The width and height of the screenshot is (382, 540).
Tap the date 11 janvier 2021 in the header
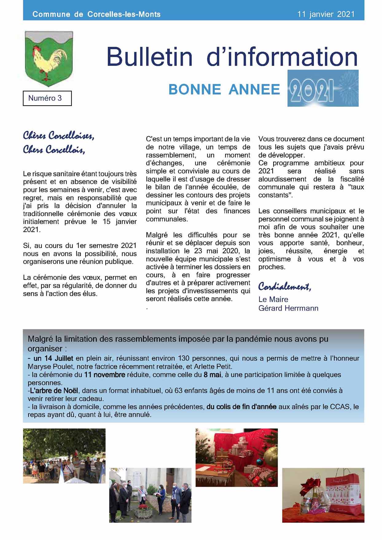tap(326, 14)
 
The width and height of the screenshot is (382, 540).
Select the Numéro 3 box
tap(47, 98)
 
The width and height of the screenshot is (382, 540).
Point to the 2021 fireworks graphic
tap(323, 88)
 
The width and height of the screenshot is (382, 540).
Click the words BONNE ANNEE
tap(224, 89)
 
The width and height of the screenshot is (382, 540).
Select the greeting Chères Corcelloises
tap(59, 135)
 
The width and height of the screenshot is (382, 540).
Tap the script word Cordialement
tap(284, 286)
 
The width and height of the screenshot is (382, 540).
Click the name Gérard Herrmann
tap(288, 308)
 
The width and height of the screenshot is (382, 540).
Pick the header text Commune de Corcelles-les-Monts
tap(96, 14)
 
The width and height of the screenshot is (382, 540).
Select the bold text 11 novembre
tap(104, 375)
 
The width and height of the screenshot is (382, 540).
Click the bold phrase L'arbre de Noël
tap(54, 390)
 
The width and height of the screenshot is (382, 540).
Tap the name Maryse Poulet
tap(51, 367)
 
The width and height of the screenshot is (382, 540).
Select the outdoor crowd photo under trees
tap(64, 456)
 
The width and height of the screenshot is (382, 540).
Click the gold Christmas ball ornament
tap(271, 455)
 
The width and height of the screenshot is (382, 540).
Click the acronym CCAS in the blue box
tap(340, 407)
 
